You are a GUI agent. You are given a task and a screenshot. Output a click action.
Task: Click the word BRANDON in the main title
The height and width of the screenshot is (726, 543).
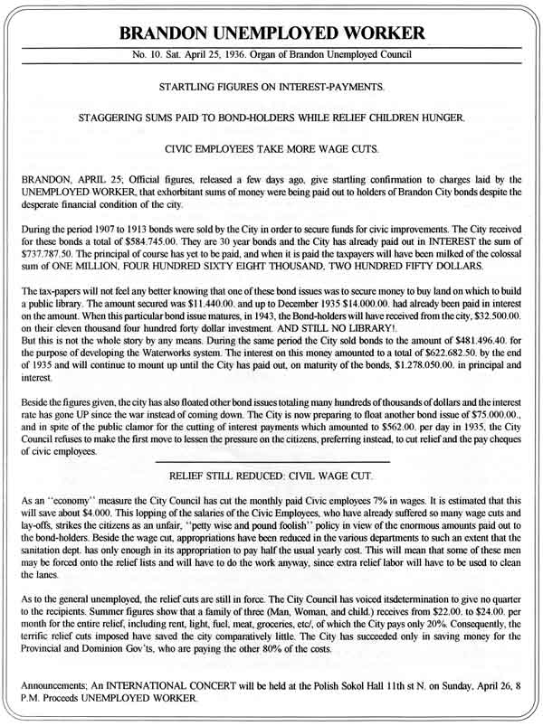(170, 35)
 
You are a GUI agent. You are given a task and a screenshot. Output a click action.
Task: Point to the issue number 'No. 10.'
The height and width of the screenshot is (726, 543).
(146, 57)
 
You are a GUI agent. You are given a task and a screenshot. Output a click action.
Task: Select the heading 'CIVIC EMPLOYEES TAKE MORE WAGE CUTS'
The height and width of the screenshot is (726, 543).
(272, 146)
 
